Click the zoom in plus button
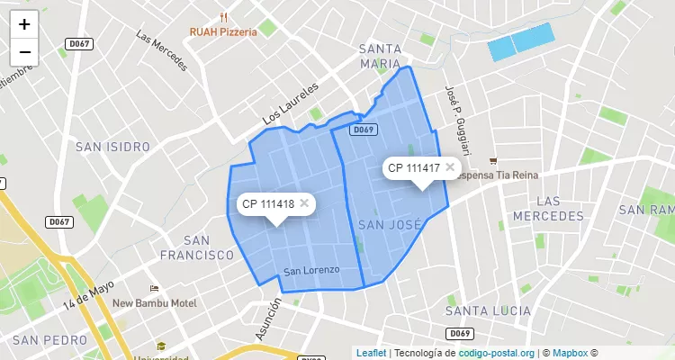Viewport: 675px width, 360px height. click(x=24, y=24)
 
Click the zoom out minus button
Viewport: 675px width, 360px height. click(x=24, y=52)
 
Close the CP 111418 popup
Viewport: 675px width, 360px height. click(x=304, y=203)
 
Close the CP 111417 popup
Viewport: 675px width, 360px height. click(x=449, y=167)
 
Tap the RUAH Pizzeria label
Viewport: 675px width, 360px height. click(x=223, y=31)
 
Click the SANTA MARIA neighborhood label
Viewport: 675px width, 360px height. click(x=380, y=56)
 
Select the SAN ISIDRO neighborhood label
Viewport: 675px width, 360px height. click(x=112, y=147)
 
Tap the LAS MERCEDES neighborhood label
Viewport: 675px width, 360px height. click(x=548, y=208)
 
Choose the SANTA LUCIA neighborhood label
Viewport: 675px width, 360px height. click(x=488, y=310)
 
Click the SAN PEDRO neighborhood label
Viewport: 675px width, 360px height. click(x=50, y=340)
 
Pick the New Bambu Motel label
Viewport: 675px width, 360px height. click(x=155, y=303)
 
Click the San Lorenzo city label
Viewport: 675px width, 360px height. click(x=311, y=271)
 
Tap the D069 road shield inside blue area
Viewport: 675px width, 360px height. click(x=363, y=130)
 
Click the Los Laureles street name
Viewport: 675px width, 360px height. click(x=291, y=104)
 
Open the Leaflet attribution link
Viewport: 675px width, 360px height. click(x=371, y=353)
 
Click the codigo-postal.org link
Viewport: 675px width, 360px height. click(x=497, y=353)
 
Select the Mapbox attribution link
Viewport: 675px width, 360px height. click(x=570, y=353)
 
